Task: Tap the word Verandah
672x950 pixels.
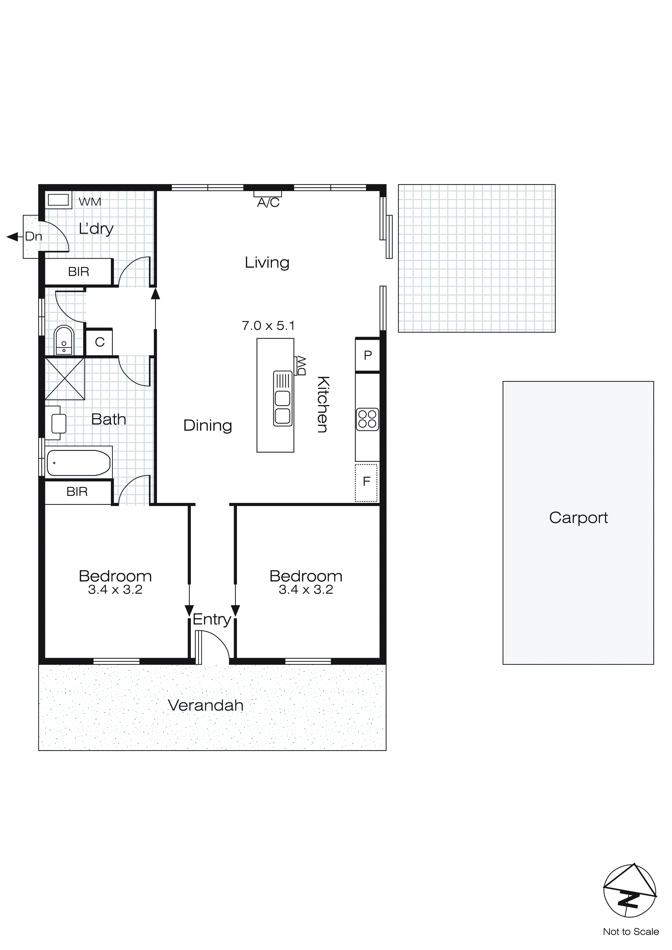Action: tap(206, 705)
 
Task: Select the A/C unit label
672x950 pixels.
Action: tap(268, 203)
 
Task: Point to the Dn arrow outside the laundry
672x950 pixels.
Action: tap(13, 237)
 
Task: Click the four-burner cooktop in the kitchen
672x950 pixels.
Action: tap(367, 419)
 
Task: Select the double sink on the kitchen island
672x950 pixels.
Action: tap(283, 399)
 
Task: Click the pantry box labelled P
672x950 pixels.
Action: tap(368, 355)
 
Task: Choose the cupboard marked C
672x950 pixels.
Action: tap(99, 342)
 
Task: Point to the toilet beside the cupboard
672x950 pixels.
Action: tap(64, 341)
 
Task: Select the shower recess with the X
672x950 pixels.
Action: tap(65, 378)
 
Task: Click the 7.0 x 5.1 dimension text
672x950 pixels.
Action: tap(268, 326)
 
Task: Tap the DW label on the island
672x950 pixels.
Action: tap(301, 366)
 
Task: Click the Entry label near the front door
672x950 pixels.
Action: tap(211, 620)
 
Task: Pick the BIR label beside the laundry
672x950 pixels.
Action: tap(79, 272)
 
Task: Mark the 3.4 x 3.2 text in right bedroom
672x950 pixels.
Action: tap(306, 590)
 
